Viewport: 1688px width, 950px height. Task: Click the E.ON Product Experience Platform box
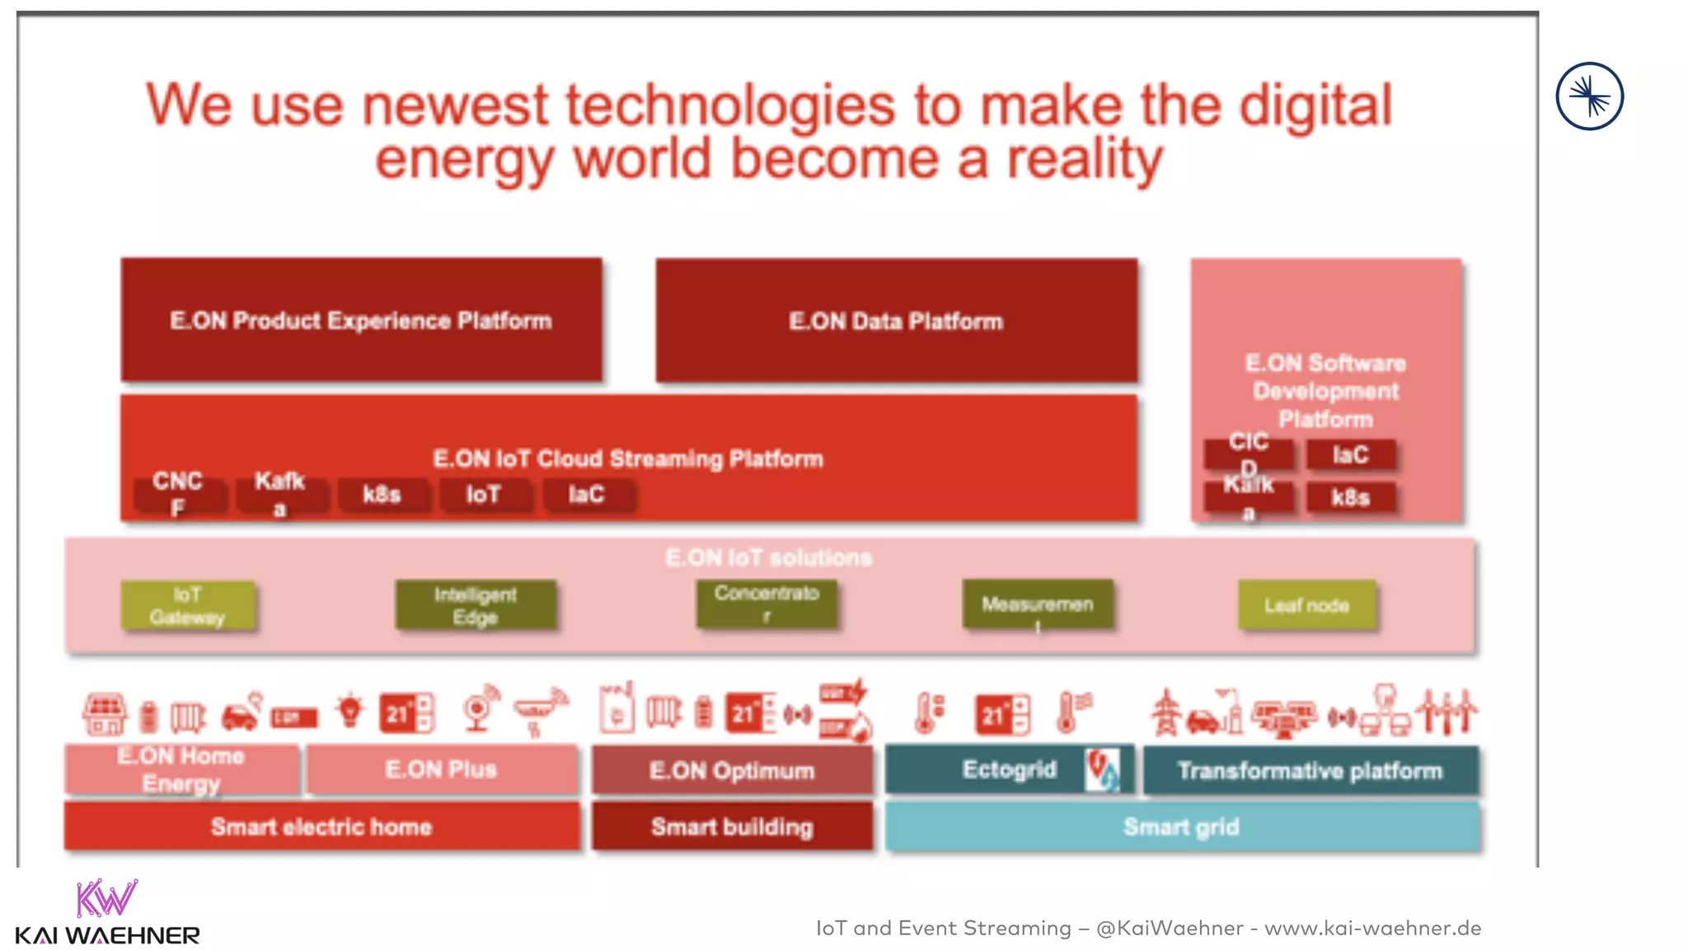click(x=361, y=320)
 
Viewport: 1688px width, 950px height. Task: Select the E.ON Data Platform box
click(x=896, y=320)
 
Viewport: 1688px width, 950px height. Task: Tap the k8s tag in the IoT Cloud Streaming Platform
click(x=382, y=495)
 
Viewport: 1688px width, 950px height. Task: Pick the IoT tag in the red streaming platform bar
click(x=484, y=495)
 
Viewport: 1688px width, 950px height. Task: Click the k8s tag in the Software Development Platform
click(x=1350, y=497)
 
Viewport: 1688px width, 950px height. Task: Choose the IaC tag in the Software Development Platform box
click(x=1350, y=454)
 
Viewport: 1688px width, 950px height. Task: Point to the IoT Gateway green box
click(x=187, y=606)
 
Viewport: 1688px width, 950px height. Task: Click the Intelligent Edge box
click(x=476, y=606)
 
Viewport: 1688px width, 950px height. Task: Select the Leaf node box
click(x=1306, y=606)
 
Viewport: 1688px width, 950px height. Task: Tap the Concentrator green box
click(x=767, y=604)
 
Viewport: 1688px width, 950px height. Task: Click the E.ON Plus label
click(x=441, y=769)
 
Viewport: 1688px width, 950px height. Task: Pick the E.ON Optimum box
click(x=732, y=770)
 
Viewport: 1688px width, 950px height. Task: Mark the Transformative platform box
click(x=1310, y=770)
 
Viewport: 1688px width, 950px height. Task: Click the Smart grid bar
click(x=1181, y=826)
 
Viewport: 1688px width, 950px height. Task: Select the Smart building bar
click(x=732, y=826)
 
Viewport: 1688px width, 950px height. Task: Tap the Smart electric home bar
click(x=321, y=826)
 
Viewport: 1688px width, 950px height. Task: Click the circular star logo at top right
click(x=1589, y=96)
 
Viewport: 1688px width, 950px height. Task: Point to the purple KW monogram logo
click(x=106, y=898)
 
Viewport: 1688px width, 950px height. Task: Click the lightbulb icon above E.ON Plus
click(x=350, y=710)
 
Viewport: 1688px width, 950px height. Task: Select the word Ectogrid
click(x=1009, y=769)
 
